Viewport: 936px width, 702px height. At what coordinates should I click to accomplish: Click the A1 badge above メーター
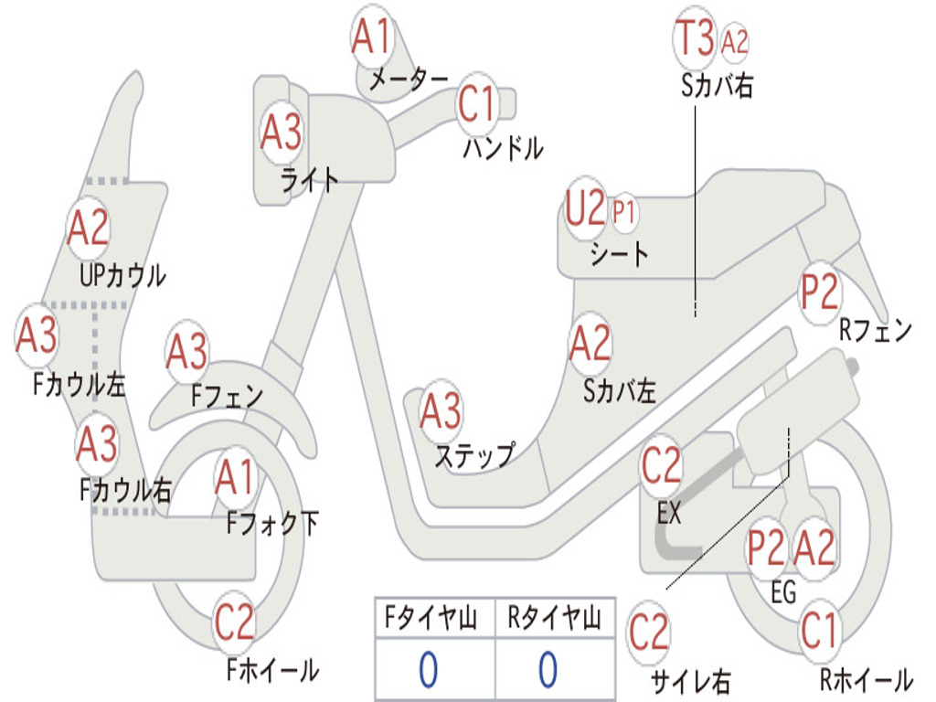tap(372, 37)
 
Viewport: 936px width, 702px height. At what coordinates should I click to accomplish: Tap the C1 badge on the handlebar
tap(476, 103)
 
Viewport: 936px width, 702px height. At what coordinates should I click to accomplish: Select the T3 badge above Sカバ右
tap(695, 38)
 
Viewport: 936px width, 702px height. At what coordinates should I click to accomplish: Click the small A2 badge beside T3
tap(735, 41)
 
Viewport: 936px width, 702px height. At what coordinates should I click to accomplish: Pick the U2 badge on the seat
tap(586, 209)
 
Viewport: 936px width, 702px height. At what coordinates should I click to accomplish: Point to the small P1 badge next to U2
tap(624, 213)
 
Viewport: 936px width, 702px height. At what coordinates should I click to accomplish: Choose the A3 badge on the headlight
tap(281, 133)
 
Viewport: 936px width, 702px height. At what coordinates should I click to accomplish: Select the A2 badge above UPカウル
tap(88, 229)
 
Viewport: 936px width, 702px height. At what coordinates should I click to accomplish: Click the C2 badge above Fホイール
tap(234, 623)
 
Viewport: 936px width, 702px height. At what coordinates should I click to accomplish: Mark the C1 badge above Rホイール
tap(819, 630)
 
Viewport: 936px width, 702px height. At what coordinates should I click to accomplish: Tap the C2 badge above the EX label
tap(662, 467)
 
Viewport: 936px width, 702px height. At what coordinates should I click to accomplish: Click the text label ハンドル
tap(503, 147)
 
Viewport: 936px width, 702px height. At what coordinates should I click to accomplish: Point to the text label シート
tap(619, 253)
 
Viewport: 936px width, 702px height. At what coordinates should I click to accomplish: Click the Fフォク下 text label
tap(272, 524)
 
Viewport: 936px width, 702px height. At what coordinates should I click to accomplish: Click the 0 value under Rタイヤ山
tap(548, 670)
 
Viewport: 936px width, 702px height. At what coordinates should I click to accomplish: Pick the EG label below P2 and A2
tap(783, 593)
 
